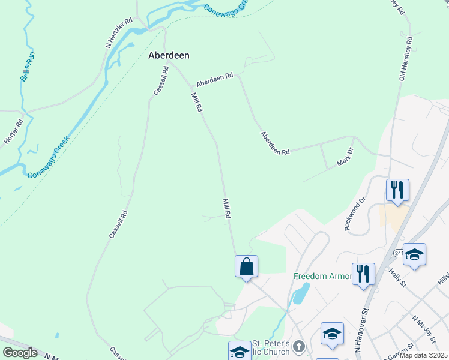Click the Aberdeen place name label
[169, 55]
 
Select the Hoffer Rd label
[13, 130]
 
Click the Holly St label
[398, 280]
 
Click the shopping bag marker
[246, 266]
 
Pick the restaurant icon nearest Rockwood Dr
[397, 190]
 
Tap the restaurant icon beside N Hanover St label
[363, 274]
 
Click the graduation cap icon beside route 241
[414, 254]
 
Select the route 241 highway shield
[399, 254]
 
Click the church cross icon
[298, 346]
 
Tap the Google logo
[20, 353]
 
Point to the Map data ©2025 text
[423, 355]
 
